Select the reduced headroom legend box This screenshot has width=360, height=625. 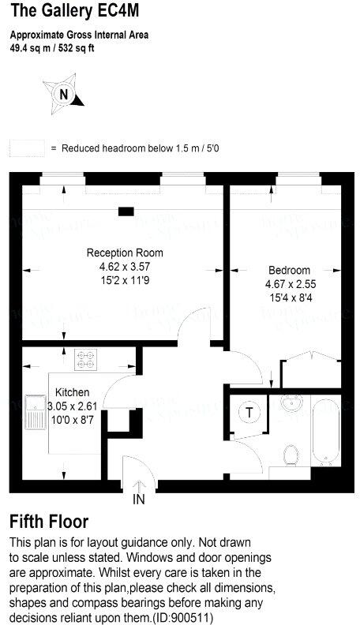click(x=27, y=148)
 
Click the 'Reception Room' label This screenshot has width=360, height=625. click(x=125, y=253)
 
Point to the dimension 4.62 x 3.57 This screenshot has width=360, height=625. click(x=125, y=267)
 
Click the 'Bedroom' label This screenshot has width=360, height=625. click(x=289, y=270)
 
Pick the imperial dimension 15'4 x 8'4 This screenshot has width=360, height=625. click(x=289, y=297)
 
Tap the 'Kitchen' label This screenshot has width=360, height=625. click(x=72, y=392)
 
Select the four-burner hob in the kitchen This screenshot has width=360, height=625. click(x=84, y=360)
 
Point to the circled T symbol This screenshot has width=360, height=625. click(x=250, y=414)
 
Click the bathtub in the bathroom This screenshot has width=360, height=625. click(x=324, y=432)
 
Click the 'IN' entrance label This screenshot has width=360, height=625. click(x=139, y=500)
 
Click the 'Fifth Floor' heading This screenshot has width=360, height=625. click(x=49, y=522)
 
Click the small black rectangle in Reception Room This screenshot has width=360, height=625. click(x=125, y=211)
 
